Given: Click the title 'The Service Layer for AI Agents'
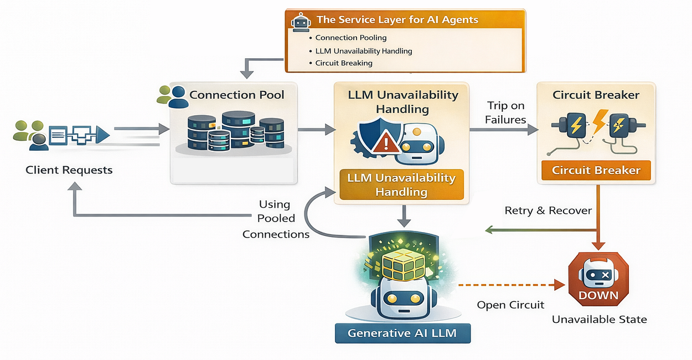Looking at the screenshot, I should click(x=397, y=20).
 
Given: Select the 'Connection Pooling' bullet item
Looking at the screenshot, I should click(x=351, y=38).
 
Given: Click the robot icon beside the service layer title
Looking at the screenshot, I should click(x=299, y=22).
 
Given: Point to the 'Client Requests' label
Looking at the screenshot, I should click(x=69, y=170).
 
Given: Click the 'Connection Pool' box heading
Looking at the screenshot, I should click(x=236, y=95).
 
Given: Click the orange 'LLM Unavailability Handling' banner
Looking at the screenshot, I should click(x=401, y=185).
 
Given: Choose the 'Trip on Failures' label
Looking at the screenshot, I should click(x=505, y=112).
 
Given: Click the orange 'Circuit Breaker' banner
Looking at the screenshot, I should click(x=596, y=171).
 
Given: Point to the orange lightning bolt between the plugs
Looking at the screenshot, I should click(x=597, y=122).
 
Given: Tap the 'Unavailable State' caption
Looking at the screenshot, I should click(x=599, y=320).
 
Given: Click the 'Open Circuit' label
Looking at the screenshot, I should click(x=510, y=305).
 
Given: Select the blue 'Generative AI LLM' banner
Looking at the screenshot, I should click(x=402, y=333).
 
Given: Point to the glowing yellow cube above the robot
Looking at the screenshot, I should click(x=403, y=264).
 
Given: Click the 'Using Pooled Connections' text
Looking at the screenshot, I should click(x=276, y=219).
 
